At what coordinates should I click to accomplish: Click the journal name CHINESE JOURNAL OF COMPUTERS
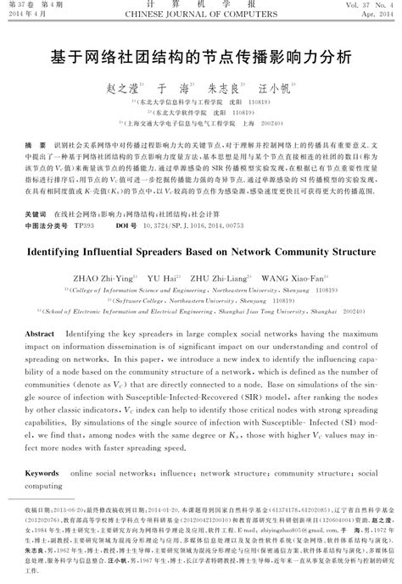pos(200,15)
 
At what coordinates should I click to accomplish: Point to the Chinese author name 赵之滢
pos(126,88)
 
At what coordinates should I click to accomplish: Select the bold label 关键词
pos(36,192)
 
